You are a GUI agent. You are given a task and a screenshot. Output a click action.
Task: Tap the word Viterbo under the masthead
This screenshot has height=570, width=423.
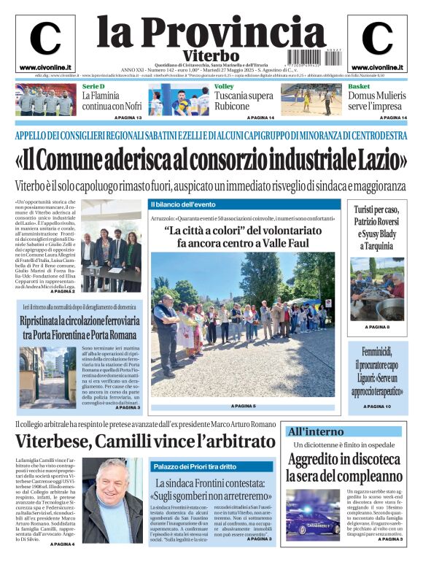(211, 55)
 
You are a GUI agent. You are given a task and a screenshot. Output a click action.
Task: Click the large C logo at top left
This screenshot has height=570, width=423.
(44, 39)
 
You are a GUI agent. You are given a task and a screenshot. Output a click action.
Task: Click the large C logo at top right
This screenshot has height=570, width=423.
(377, 39)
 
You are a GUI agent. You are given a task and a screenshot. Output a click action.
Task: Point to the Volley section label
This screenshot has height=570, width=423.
(224, 87)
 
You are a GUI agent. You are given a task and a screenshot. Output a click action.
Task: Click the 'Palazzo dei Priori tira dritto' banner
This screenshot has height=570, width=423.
(194, 466)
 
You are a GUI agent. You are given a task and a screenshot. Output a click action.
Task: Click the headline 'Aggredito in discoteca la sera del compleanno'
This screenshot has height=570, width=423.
(344, 467)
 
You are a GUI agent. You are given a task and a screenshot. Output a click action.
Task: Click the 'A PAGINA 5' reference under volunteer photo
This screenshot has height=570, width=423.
(243, 406)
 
